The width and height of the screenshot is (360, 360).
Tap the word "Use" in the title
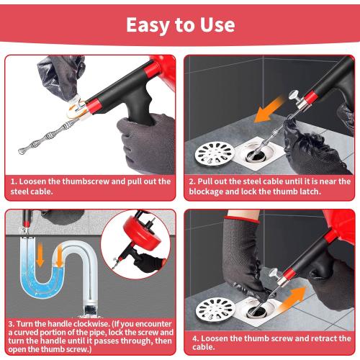(216, 24)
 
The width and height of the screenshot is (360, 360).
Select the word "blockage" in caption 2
(214, 192)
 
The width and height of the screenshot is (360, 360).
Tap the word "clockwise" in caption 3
(96, 324)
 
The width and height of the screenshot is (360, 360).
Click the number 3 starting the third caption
(12, 324)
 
